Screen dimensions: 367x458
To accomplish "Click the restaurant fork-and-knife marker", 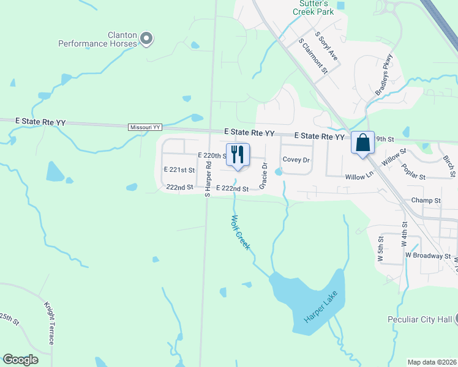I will (238, 154).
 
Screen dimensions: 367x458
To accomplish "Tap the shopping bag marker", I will (362, 143).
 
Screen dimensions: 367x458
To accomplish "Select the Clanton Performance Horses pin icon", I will (146, 39).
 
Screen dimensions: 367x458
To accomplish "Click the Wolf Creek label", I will (241, 232).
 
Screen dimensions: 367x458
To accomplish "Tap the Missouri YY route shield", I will (145, 127).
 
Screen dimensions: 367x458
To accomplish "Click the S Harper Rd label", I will (208, 179).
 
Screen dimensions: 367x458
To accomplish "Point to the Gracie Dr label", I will (265, 176).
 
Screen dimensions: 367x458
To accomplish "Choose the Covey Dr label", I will (296, 160).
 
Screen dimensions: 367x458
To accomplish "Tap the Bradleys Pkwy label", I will (383, 74).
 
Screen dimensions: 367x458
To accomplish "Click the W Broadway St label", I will (427, 256).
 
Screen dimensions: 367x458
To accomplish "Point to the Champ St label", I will (426, 201).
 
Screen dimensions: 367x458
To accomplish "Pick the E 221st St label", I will (179, 170).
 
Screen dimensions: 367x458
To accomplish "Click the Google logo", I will (21, 360).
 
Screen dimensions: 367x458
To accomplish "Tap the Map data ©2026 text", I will (432, 362).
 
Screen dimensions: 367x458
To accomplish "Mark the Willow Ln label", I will (361, 176).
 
